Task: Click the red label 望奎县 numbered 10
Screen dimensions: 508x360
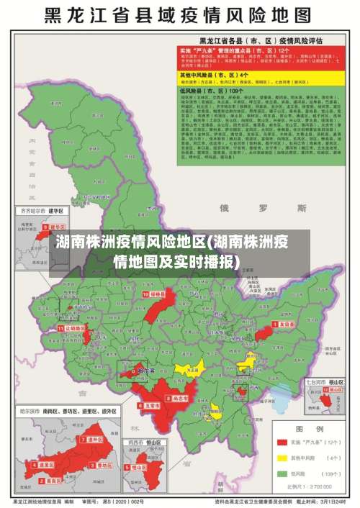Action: pyautogui.click(x=156, y=295)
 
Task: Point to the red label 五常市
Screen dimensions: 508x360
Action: pyautogui.click(x=150, y=406)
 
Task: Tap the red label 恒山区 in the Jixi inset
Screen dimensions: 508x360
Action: pyautogui.click(x=140, y=467)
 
